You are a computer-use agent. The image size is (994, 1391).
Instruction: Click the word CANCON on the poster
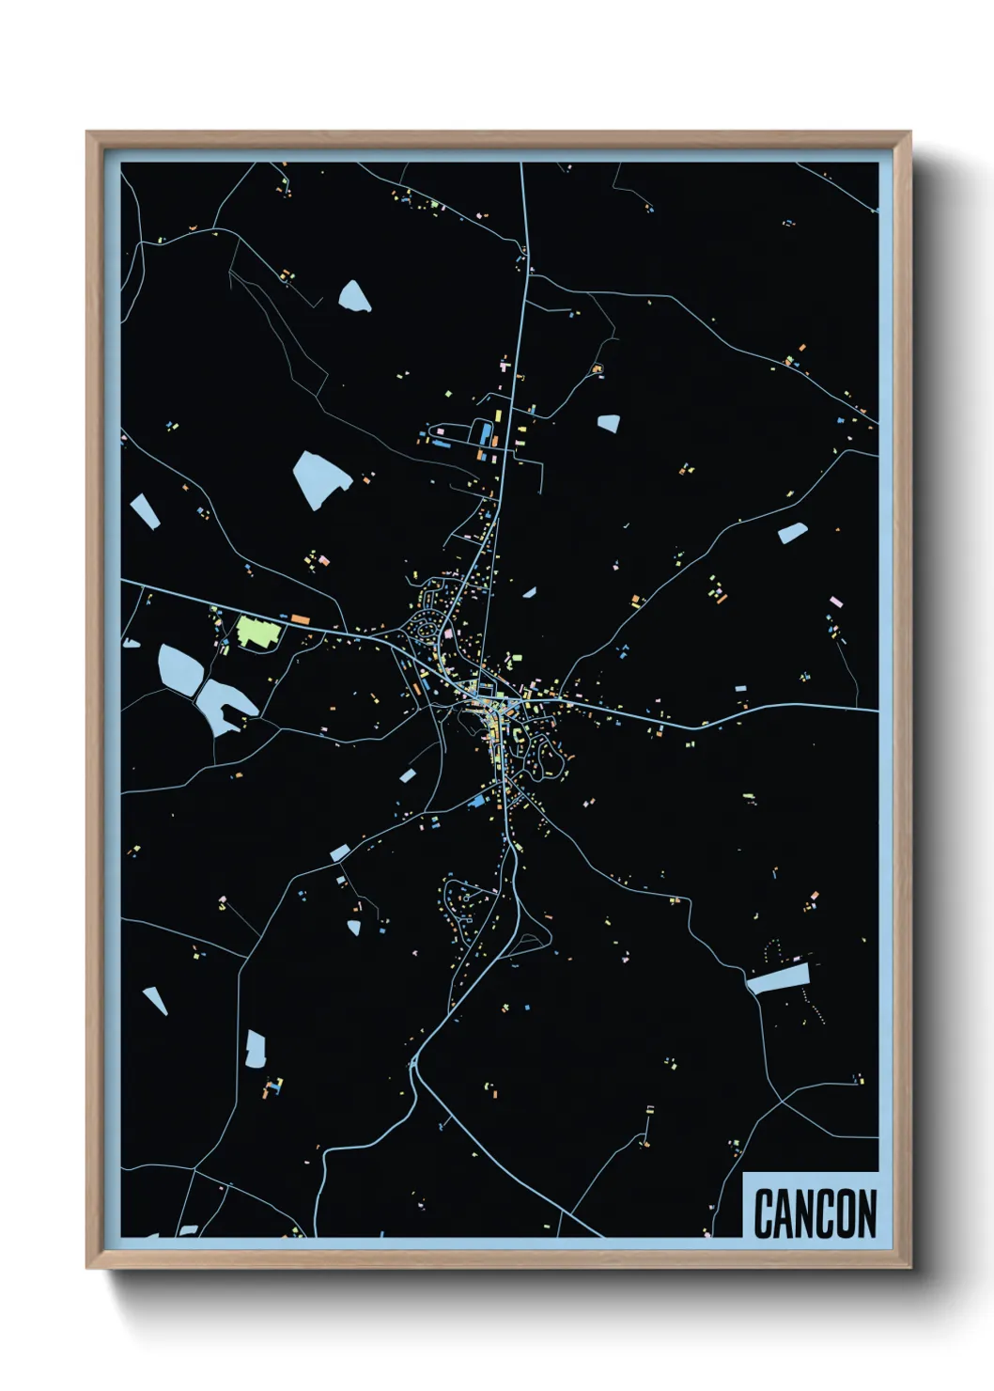tap(814, 1213)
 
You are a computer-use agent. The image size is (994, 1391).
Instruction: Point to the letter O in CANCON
tap(845, 1213)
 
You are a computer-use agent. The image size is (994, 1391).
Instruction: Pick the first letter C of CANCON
tap(763, 1213)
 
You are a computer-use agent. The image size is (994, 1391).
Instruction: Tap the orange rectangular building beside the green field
tap(300, 618)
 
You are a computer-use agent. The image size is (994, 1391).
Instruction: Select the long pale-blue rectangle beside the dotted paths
tap(778, 978)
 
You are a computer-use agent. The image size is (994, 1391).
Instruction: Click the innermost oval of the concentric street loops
tap(429, 628)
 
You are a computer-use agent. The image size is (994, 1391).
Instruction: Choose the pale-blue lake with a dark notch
tap(225, 706)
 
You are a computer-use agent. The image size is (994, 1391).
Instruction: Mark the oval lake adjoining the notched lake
tap(179, 667)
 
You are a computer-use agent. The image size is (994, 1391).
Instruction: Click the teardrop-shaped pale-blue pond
tap(354, 296)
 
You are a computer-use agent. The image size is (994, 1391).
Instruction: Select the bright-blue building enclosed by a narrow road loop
tap(485, 432)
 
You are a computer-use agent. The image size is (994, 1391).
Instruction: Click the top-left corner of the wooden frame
tap(87, 133)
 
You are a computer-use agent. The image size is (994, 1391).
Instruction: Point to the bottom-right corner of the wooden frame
tap(910, 1269)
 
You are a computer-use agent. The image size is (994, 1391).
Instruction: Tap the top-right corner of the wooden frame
tap(910, 133)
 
